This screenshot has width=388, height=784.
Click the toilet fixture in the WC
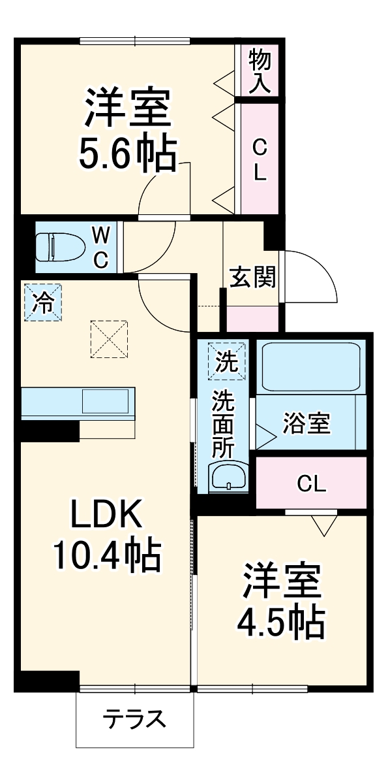[60, 247]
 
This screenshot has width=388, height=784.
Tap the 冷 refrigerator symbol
[43, 302]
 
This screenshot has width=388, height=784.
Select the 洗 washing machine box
[227, 361]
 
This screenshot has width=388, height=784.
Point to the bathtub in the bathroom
[311, 367]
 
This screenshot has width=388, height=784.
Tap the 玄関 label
[253, 277]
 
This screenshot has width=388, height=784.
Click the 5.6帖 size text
[127, 155]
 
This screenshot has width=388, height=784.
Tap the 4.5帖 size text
[282, 623]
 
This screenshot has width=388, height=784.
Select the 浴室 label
[306, 423]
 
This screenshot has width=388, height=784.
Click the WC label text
[100, 248]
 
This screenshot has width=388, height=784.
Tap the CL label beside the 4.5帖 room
[312, 484]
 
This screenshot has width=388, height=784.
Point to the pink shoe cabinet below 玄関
[253, 319]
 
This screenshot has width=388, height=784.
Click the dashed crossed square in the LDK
[109, 339]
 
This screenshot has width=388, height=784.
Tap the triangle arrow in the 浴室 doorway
[266, 436]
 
